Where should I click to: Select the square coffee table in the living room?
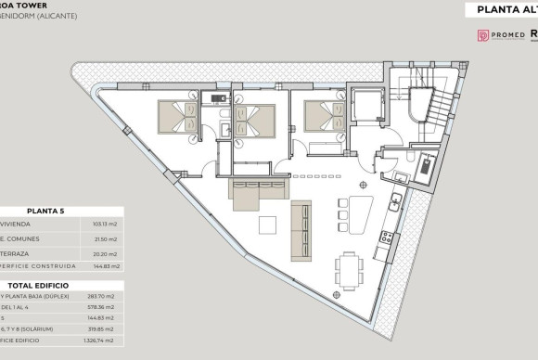click(x=267, y=225)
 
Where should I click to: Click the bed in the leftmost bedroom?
click(x=176, y=117)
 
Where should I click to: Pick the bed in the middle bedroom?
click(x=254, y=122)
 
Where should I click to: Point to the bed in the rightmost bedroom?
click(x=322, y=119)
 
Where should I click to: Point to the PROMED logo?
click(x=498, y=35)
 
